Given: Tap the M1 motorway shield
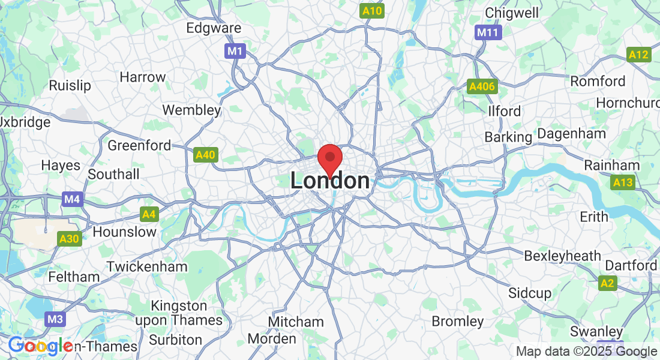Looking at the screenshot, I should pyautogui.click(x=235, y=51).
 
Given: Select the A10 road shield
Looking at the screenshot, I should pyautogui.click(x=372, y=11).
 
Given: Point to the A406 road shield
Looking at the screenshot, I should pyautogui.click(x=482, y=87).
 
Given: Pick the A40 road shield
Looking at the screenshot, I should pyautogui.click(x=205, y=155).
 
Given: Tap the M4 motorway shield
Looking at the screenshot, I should pyautogui.click(x=72, y=199).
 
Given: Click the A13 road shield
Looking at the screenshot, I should pyautogui.click(x=623, y=182).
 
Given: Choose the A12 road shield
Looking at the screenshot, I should pyautogui.click(x=638, y=55).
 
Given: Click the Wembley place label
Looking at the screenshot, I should pyautogui.click(x=191, y=110).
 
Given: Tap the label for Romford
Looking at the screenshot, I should pyautogui.click(x=598, y=81).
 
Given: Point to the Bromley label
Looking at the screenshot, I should pyautogui.click(x=457, y=321).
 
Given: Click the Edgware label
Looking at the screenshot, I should pyautogui.click(x=214, y=28).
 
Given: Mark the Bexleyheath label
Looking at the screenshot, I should pyautogui.click(x=562, y=256).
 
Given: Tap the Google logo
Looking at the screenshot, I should pyautogui.click(x=40, y=346).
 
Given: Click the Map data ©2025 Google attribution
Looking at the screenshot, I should pyautogui.click(x=586, y=352).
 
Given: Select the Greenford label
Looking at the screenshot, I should pyautogui.click(x=139, y=146).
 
